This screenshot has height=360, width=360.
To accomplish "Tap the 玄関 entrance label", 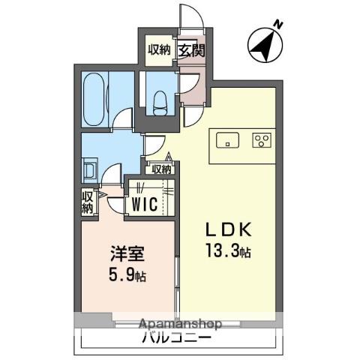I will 188,50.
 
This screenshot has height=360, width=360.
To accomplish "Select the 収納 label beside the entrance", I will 160,50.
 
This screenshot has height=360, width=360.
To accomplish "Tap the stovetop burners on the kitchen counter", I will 262,140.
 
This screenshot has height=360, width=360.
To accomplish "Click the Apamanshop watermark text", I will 179,324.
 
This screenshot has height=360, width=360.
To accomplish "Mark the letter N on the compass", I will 277,24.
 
